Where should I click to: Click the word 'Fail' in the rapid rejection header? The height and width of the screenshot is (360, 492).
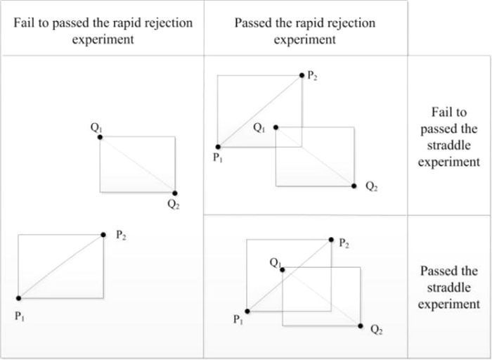coord(25,22)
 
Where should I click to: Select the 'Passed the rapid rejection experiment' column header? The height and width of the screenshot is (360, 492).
coord(305,31)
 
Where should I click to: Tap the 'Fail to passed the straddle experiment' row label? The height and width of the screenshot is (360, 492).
coord(450,137)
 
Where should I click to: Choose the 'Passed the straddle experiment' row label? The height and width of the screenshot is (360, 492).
coord(450,288)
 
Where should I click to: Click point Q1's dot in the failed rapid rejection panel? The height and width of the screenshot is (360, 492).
coord(100,137)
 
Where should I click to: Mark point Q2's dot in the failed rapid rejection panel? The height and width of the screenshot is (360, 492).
coord(175,193)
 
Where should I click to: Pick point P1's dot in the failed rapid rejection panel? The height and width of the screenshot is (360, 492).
coord(18,298)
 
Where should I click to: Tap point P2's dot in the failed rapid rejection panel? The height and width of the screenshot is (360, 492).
coord(103,235)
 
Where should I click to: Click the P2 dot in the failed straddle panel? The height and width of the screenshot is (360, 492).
coord(302,75)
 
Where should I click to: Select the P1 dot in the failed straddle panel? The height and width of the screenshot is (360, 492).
coord(218,147)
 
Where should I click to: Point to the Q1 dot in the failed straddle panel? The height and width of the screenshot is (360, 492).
coord(276,127)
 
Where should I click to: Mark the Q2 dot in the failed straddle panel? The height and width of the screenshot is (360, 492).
coord(354,186)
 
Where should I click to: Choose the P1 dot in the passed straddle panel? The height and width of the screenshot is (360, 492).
coord(247,311)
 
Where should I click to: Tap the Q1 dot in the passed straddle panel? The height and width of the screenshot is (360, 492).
coord(282,268)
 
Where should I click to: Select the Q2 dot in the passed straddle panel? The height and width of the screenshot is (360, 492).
coord(361,326)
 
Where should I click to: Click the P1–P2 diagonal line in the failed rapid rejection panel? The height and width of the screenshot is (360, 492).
coord(61,266)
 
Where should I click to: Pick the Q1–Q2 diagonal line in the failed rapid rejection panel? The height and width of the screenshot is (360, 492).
coord(138,165)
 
